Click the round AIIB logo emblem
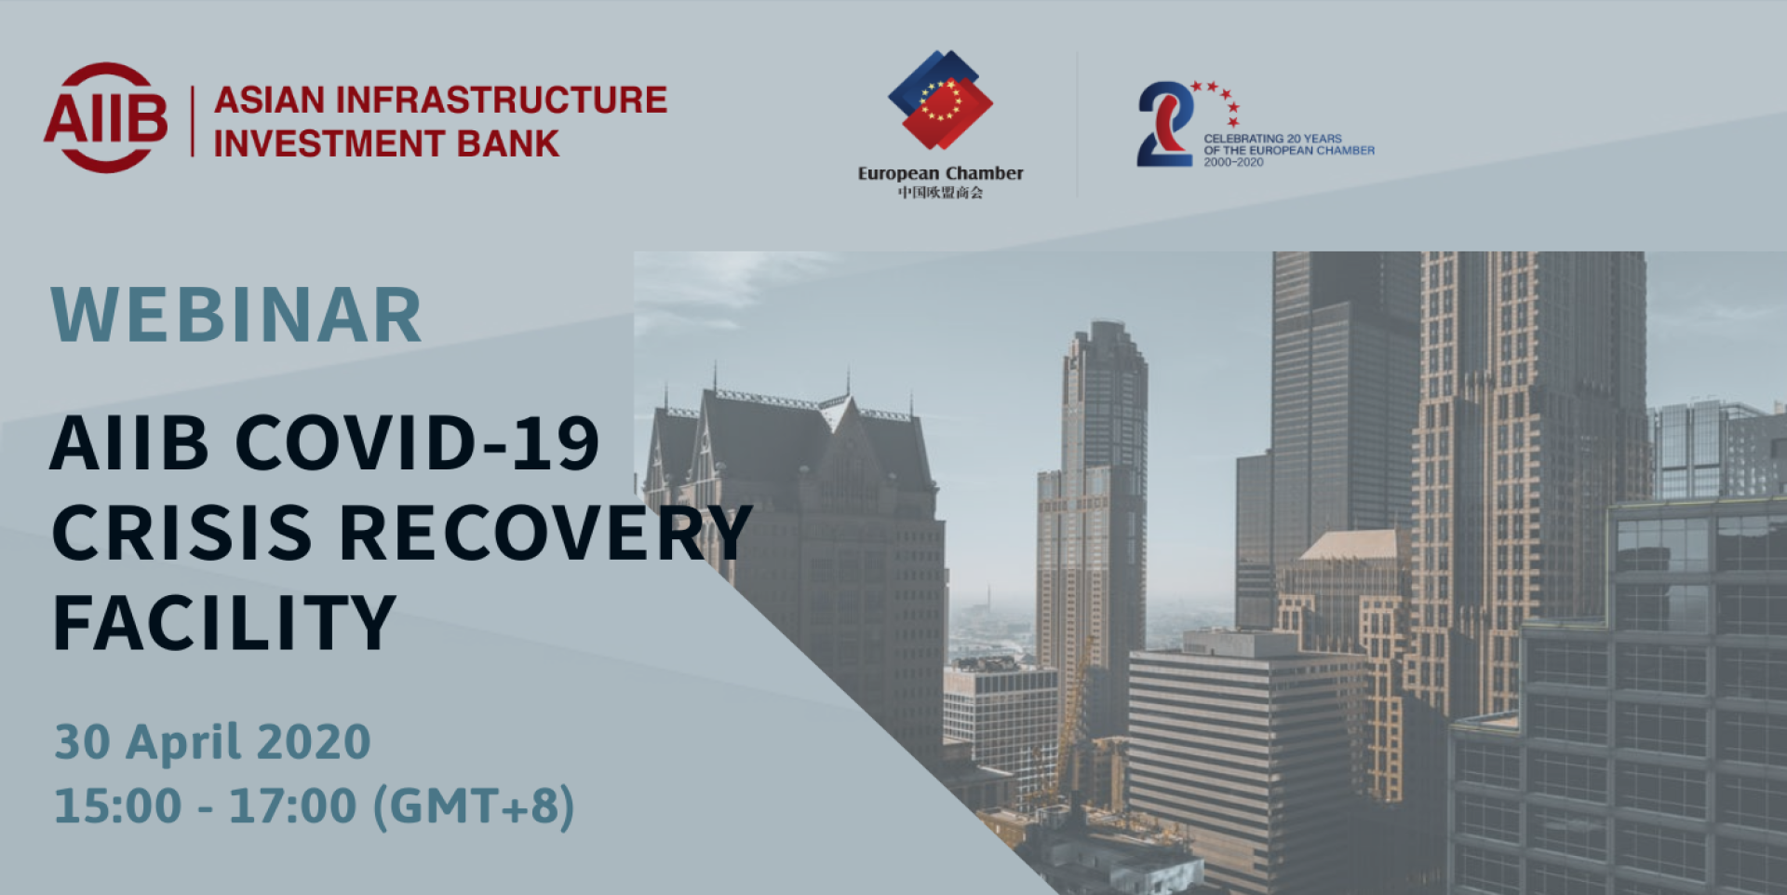(106, 118)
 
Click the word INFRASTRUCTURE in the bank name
(502, 100)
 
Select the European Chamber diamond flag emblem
(940, 100)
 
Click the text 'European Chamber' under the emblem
(940, 173)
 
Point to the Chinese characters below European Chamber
(940, 193)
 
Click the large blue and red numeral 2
(1165, 124)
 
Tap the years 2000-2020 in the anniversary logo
(1233, 162)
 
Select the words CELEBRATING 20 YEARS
(1272, 139)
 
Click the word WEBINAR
(236, 315)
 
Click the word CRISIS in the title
(182, 533)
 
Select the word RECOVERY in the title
(545, 533)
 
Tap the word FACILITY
(224, 622)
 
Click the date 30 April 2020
(212, 741)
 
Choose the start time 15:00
(117, 806)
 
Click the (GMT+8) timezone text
(474, 807)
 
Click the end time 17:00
(293, 806)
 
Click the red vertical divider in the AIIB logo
(193, 121)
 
